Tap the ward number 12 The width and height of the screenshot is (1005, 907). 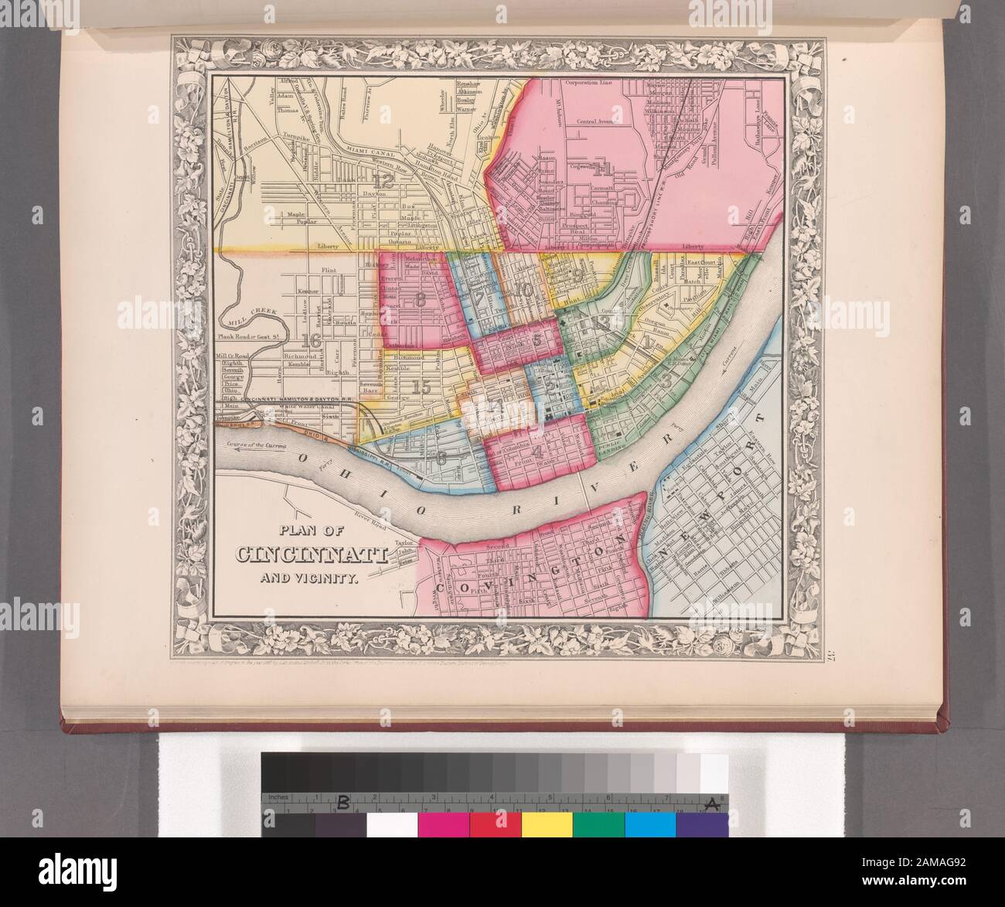tap(382, 182)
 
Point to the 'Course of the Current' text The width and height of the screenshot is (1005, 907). tap(257, 447)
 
